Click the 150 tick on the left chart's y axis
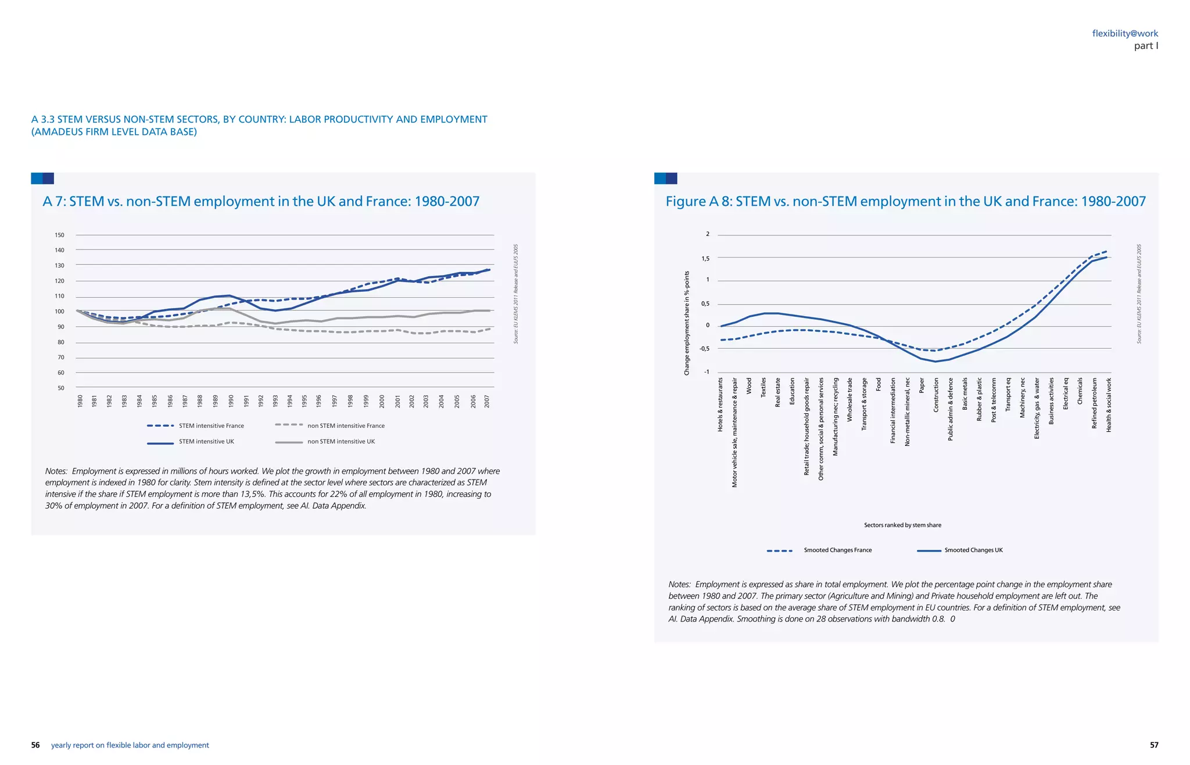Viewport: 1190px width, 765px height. [x=59, y=235]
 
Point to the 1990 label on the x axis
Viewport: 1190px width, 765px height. [x=231, y=401]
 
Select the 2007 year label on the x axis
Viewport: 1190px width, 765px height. [x=487, y=401]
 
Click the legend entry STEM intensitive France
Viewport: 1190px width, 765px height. [x=211, y=426]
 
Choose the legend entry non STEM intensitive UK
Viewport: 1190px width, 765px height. [x=340, y=442]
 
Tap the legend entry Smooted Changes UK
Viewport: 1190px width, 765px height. [x=973, y=550]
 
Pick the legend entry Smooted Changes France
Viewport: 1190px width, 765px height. [x=837, y=550]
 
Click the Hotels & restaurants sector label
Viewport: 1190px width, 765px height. [x=721, y=405]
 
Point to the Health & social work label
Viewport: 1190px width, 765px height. [x=1109, y=405]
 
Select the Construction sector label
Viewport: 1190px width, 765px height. [x=936, y=395]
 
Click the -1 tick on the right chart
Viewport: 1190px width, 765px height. [x=706, y=372]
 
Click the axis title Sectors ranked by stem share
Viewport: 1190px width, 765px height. [x=902, y=526]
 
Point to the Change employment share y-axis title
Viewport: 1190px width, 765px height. [x=687, y=323]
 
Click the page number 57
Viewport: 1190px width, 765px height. [x=1154, y=745]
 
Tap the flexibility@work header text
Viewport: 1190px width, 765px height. [x=1125, y=34]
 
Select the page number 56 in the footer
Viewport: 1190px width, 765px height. [x=35, y=745]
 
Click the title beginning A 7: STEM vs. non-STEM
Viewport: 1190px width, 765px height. [x=261, y=202]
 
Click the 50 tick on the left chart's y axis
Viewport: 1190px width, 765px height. [x=61, y=388]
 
